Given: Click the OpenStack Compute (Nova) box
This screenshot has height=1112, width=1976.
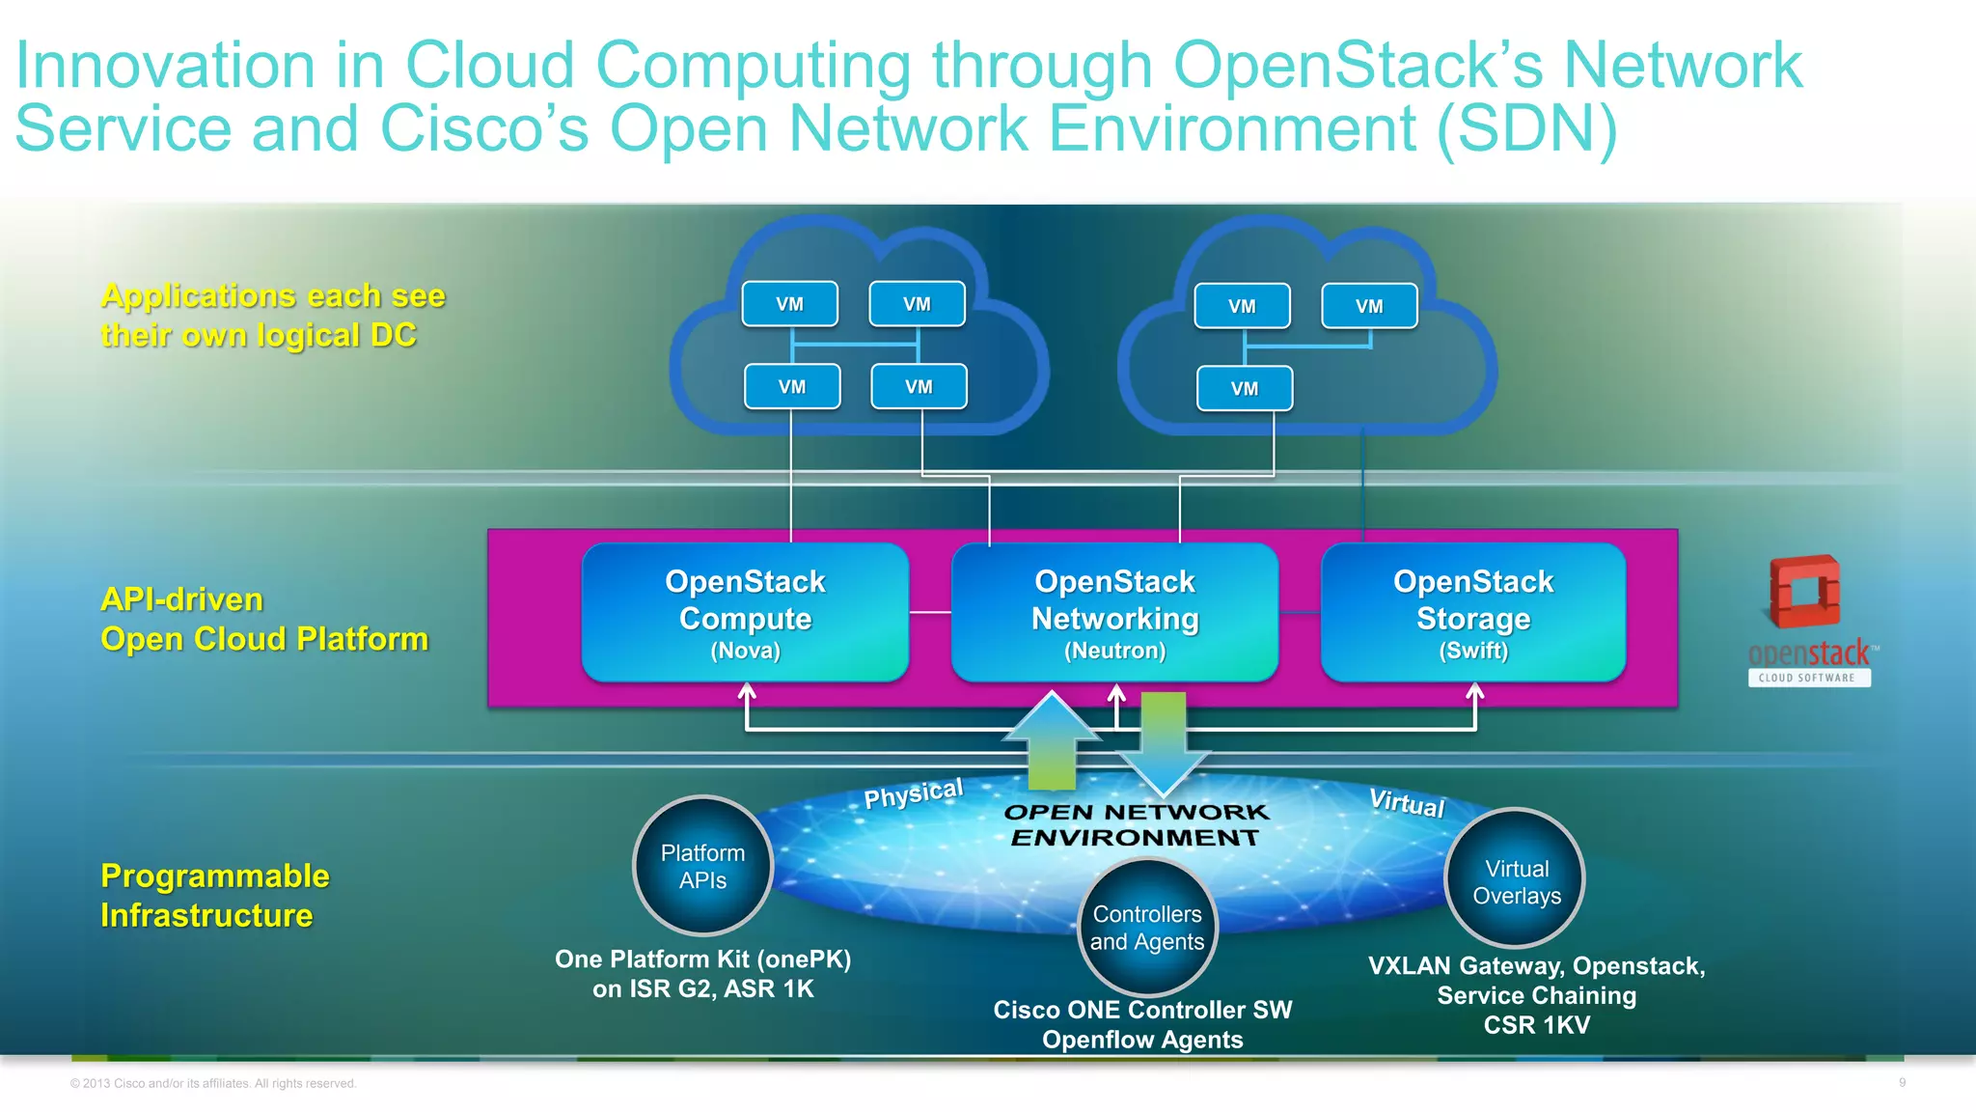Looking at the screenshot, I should click(x=745, y=613).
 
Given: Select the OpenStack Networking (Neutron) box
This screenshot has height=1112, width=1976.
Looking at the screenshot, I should click(x=1114, y=613).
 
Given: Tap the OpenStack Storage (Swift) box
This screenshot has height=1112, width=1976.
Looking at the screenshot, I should click(x=1473, y=613).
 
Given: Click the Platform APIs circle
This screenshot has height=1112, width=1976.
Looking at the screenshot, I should click(x=702, y=866).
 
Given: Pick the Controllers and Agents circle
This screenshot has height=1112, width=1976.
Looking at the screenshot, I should click(x=1147, y=928).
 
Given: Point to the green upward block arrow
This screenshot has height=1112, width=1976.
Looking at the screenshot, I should click(x=1052, y=743).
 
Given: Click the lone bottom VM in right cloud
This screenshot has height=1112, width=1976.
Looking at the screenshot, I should click(x=1245, y=389).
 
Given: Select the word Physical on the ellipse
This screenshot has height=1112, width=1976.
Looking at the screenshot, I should click(x=913, y=794).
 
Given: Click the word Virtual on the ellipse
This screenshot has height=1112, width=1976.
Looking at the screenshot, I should click(x=1407, y=803).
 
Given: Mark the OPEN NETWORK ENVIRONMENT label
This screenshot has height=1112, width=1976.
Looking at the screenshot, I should click(x=1136, y=825).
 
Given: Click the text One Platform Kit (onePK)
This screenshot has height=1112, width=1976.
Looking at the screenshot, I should click(x=702, y=959).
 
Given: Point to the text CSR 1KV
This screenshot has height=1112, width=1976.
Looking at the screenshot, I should click(x=1536, y=1025).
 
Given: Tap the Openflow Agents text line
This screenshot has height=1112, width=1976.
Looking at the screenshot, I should click(x=1142, y=1040).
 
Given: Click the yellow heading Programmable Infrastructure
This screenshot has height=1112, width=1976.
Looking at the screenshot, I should click(x=214, y=895).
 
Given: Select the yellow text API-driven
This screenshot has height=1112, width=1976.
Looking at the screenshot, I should click(x=181, y=599).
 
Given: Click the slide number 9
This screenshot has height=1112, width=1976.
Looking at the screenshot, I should click(x=1902, y=1083).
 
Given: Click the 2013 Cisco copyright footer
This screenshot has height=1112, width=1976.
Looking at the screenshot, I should click(x=213, y=1084).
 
